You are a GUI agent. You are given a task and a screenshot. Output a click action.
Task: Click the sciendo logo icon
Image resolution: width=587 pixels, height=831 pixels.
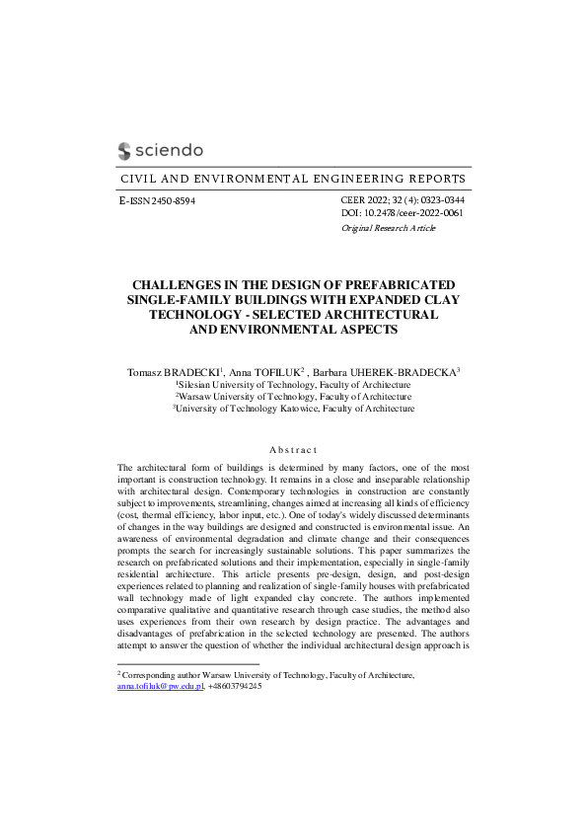coord(124,150)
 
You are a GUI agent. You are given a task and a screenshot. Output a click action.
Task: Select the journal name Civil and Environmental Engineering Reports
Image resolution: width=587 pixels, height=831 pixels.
coord(292,179)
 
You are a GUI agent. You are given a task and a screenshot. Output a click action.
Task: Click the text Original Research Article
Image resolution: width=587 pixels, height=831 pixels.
coord(388,228)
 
